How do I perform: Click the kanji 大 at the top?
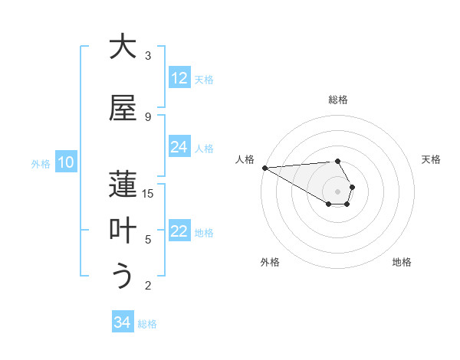pyautogui.click(x=123, y=47)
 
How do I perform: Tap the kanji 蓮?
pyautogui.click(x=123, y=185)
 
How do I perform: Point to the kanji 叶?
pyautogui.click(x=123, y=231)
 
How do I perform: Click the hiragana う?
pyautogui.click(x=123, y=277)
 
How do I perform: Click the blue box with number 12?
pyautogui.click(x=179, y=79)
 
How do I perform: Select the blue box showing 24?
pyautogui.click(x=179, y=148)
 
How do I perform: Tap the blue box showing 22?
pyautogui.click(x=179, y=232)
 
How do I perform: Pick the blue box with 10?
pyautogui.click(x=66, y=162)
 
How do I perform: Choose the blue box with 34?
pyautogui.click(x=123, y=323)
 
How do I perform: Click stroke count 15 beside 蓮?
pyautogui.click(x=148, y=194)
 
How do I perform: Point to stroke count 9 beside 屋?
pyautogui.click(x=148, y=116)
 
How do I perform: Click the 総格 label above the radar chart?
pyautogui.click(x=338, y=100)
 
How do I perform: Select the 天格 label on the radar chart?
pyautogui.click(x=431, y=159)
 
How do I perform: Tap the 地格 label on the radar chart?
pyautogui.click(x=402, y=262)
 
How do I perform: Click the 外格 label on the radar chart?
pyautogui.click(x=270, y=262)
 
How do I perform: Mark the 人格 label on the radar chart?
pyautogui.click(x=245, y=159)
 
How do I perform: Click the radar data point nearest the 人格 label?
pyautogui.click(x=264, y=168)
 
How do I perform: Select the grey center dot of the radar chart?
pyautogui.click(x=338, y=191)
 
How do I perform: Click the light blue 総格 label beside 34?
pyautogui.click(x=147, y=324)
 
